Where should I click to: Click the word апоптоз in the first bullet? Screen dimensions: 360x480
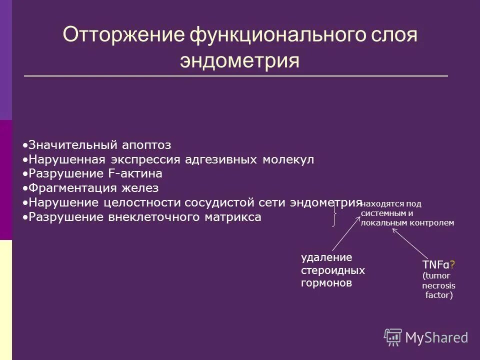(x=148, y=145)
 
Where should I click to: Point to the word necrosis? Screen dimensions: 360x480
(x=438, y=285)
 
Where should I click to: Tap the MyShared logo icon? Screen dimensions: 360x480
(x=393, y=337)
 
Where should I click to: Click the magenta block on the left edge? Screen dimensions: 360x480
(x=5, y=180)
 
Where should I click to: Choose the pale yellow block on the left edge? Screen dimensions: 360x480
(x=5, y=300)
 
